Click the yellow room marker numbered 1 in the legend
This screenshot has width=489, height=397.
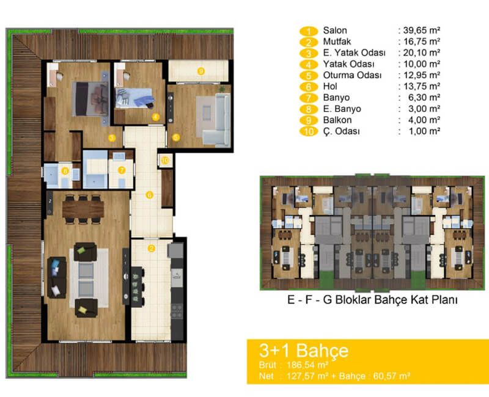coord(309,31)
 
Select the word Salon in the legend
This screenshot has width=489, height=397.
coord(335,31)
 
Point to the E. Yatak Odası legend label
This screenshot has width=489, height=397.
coord(355,53)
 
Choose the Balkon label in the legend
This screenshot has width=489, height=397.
coord(337,120)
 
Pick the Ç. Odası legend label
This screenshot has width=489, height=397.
coord(341,131)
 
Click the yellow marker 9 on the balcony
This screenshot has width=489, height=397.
coord(201,71)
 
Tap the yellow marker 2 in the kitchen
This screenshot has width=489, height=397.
coord(151,249)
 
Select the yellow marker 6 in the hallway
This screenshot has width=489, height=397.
coord(149,195)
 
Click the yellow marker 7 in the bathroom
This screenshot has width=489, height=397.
coord(122,170)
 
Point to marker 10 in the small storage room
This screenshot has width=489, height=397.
coord(165,161)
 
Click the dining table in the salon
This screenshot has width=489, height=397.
coord(83,209)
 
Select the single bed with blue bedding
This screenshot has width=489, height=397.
coord(134,98)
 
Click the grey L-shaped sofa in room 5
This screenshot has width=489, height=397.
coord(215,121)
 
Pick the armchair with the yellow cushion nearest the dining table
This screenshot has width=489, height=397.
coord(85,252)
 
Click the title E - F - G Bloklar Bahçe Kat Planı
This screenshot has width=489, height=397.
coord(372,300)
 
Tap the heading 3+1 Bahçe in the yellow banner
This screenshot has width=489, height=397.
coord(304,350)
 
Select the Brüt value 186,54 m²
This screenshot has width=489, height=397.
coord(307,365)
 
